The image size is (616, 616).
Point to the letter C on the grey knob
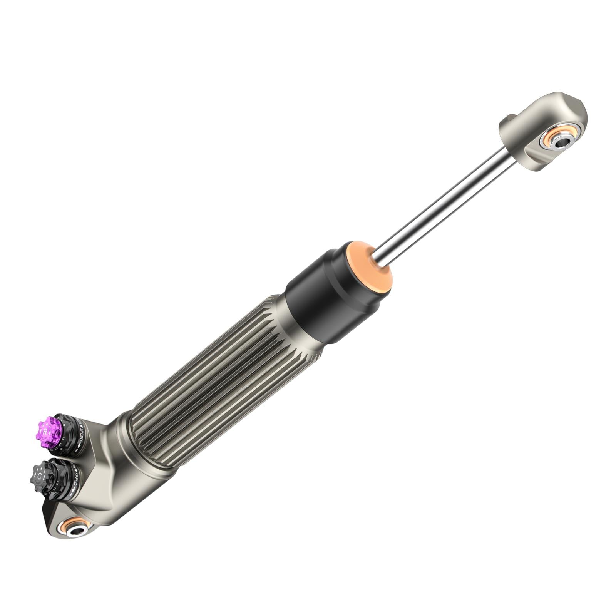pos(39,476)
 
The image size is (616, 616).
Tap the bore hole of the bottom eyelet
pos(75,531)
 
